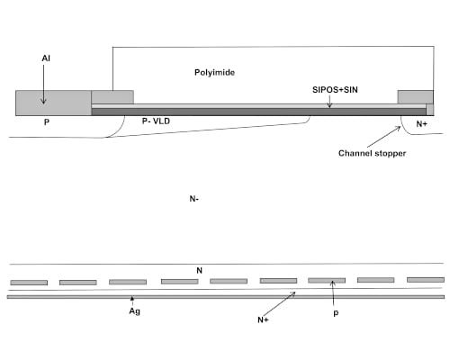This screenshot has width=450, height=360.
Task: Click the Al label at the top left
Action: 46,58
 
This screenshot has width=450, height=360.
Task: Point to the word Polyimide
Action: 214,73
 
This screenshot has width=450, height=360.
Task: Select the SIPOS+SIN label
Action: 335,90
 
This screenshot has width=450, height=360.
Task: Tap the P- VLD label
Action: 156,121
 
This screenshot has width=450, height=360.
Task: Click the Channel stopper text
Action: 372,153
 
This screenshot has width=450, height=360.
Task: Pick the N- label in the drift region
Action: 194,199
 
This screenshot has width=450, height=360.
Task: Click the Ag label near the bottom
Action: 135,311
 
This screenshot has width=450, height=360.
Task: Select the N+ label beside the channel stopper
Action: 421,124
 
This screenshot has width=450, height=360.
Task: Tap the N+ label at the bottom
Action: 263,320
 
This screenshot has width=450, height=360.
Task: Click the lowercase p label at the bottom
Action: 336,313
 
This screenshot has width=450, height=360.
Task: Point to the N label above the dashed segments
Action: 199,271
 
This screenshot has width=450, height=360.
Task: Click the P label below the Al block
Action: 47,122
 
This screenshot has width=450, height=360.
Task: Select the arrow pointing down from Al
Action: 44,85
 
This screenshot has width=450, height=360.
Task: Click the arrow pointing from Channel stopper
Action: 384,137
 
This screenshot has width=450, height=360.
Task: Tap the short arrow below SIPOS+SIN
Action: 329,102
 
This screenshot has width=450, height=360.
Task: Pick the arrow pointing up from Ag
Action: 132,301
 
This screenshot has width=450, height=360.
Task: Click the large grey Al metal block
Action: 53,103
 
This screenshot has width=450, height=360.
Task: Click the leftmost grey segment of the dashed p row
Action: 29,283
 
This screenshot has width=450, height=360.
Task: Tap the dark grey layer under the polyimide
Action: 258,112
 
